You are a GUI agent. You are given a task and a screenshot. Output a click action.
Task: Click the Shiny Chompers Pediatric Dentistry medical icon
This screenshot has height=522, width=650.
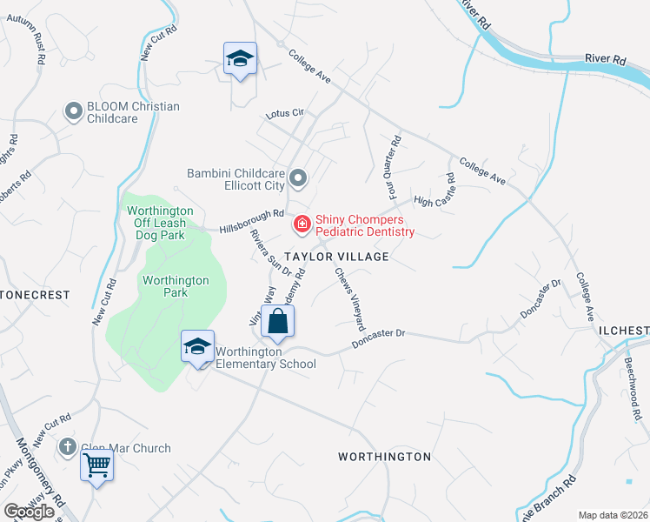302,225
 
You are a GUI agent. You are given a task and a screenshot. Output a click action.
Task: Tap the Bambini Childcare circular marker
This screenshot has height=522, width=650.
299,179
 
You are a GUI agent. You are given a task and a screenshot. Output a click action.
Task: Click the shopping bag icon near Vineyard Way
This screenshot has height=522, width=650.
277,321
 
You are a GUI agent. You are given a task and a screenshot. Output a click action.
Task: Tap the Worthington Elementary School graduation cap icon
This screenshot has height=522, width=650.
197,346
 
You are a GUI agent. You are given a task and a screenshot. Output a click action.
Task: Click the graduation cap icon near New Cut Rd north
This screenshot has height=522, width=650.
240,59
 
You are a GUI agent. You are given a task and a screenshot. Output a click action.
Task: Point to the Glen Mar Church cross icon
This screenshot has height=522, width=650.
68,448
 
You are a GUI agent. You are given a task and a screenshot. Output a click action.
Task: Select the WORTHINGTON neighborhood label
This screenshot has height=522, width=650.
384,457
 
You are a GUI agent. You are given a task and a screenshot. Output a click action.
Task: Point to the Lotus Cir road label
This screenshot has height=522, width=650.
285,113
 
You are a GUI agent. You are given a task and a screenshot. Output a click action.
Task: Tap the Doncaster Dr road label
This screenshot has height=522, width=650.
379,339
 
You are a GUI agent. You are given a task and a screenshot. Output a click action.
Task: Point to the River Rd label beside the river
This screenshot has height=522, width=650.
606,59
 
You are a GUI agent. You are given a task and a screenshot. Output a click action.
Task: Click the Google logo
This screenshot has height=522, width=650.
30,512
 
